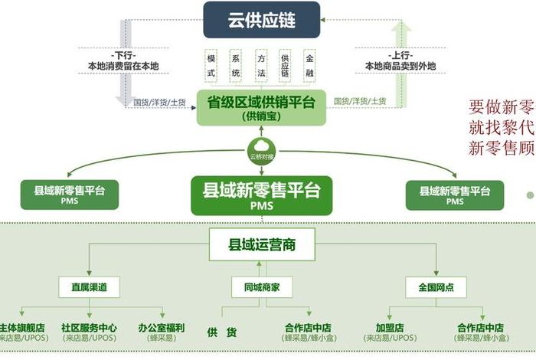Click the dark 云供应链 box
point(261,21)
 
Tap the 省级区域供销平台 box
point(261,108)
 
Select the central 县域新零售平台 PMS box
point(261,195)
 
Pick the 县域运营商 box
point(261,246)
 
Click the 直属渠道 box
point(88,287)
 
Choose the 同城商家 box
point(261,287)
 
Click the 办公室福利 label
point(162,328)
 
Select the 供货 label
point(221,332)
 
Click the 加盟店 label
point(390,328)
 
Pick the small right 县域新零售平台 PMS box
point(455,195)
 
